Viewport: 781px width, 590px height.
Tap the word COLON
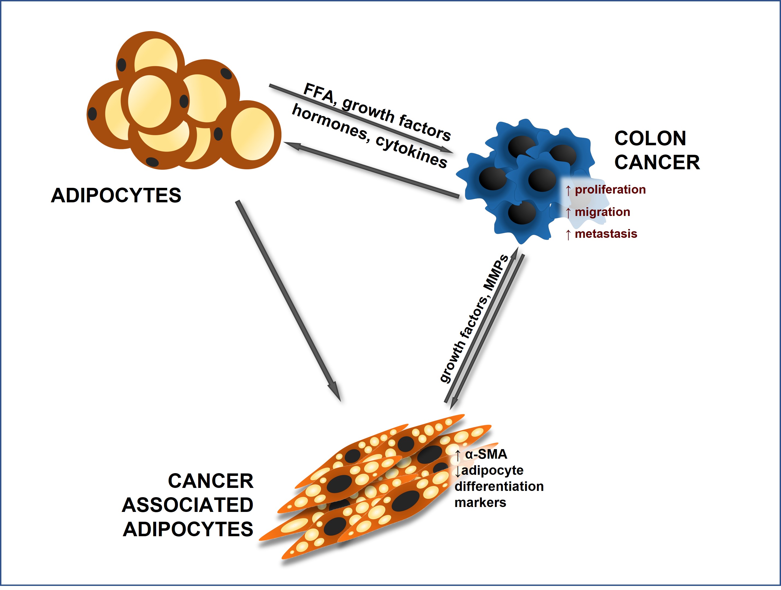tap(650, 138)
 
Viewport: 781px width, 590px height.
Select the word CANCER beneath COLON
tap(657, 162)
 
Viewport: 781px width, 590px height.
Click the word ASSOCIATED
tap(188, 505)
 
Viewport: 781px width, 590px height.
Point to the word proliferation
tap(610, 189)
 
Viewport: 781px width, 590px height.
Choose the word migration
tap(602, 212)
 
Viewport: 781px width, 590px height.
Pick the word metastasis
tap(606, 234)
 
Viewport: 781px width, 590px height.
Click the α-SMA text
tap(486, 454)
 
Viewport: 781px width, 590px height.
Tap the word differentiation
tap(499, 487)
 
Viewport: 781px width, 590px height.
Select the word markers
tap(480, 502)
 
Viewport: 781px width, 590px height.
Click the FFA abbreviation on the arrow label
tap(319, 93)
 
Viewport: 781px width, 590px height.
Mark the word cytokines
tap(411, 152)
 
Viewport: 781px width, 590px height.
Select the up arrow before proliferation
tap(568, 191)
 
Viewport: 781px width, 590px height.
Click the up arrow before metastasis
tap(568, 235)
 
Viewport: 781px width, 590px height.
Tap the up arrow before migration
tap(568, 213)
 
